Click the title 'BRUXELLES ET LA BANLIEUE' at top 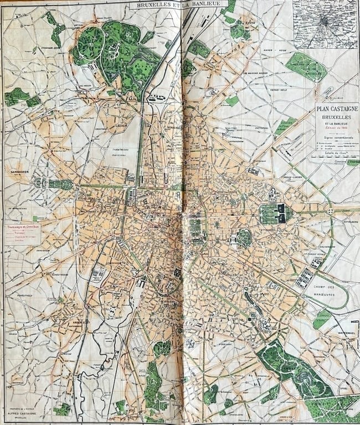173,5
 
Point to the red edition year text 336,128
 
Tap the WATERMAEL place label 345,333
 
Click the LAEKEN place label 121,126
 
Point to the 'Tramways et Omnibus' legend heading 22,227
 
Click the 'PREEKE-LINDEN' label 294,178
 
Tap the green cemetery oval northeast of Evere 305,67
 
